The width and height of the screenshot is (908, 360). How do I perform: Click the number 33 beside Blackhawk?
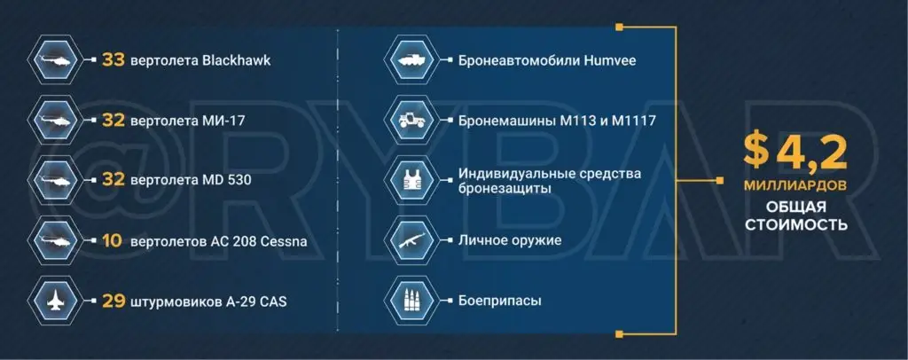click(113, 60)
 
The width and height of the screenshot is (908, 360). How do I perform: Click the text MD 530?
click(228, 180)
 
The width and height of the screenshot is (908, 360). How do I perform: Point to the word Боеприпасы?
click(500, 301)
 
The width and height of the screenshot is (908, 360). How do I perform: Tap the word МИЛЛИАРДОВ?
click(794, 187)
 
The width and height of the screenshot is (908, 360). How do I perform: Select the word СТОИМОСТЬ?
click(794, 225)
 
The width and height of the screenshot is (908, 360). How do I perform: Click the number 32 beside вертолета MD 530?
click(113, 180)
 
